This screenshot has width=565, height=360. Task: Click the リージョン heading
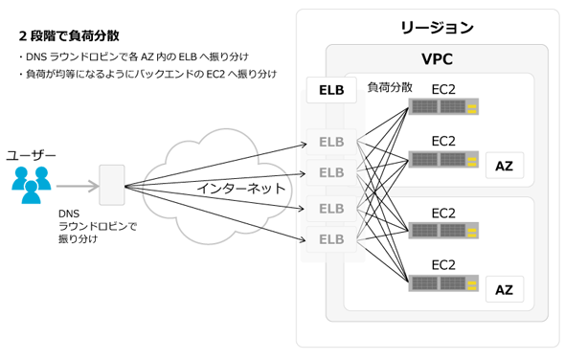click(x=437, y=28)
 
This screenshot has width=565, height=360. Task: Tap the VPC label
click(x=437, y=59)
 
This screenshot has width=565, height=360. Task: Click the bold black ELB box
click(x=331, y=90)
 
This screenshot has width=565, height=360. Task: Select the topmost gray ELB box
click(x=331, y=142)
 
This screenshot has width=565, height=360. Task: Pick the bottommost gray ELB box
click(x=331, y=239)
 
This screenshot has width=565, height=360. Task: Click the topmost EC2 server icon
click(x=443, y=106)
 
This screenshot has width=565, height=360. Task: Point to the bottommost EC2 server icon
click(x=443, y=283)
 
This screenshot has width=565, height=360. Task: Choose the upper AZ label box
click(x=505, y=166)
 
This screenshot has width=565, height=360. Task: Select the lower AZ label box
click(x=505, y=289)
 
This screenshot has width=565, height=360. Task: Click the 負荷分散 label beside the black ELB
click(x=390, y=87)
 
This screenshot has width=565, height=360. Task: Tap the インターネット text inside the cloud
click(x=240, y=189)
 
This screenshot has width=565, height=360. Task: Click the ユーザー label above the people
click(x=31, y=156)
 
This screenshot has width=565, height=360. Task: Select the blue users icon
click(x=32, y=185)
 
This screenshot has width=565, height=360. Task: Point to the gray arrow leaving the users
click(x=78, y=186)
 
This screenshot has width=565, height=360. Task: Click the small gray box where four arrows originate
click(x=112, y=185)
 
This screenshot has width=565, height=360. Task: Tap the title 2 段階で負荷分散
click(x=69, y=35)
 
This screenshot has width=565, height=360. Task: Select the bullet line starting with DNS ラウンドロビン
click(x=134, y=56)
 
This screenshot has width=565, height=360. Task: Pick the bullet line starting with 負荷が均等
click(x=148, y=75)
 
